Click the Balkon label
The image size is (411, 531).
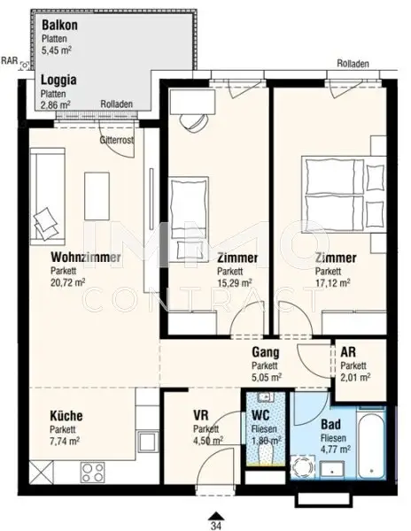58,25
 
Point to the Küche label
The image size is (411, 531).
66,414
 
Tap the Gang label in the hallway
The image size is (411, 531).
265,351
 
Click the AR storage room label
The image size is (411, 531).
350,351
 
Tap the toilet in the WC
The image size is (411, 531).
265,451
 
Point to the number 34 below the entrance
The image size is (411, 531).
213,523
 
